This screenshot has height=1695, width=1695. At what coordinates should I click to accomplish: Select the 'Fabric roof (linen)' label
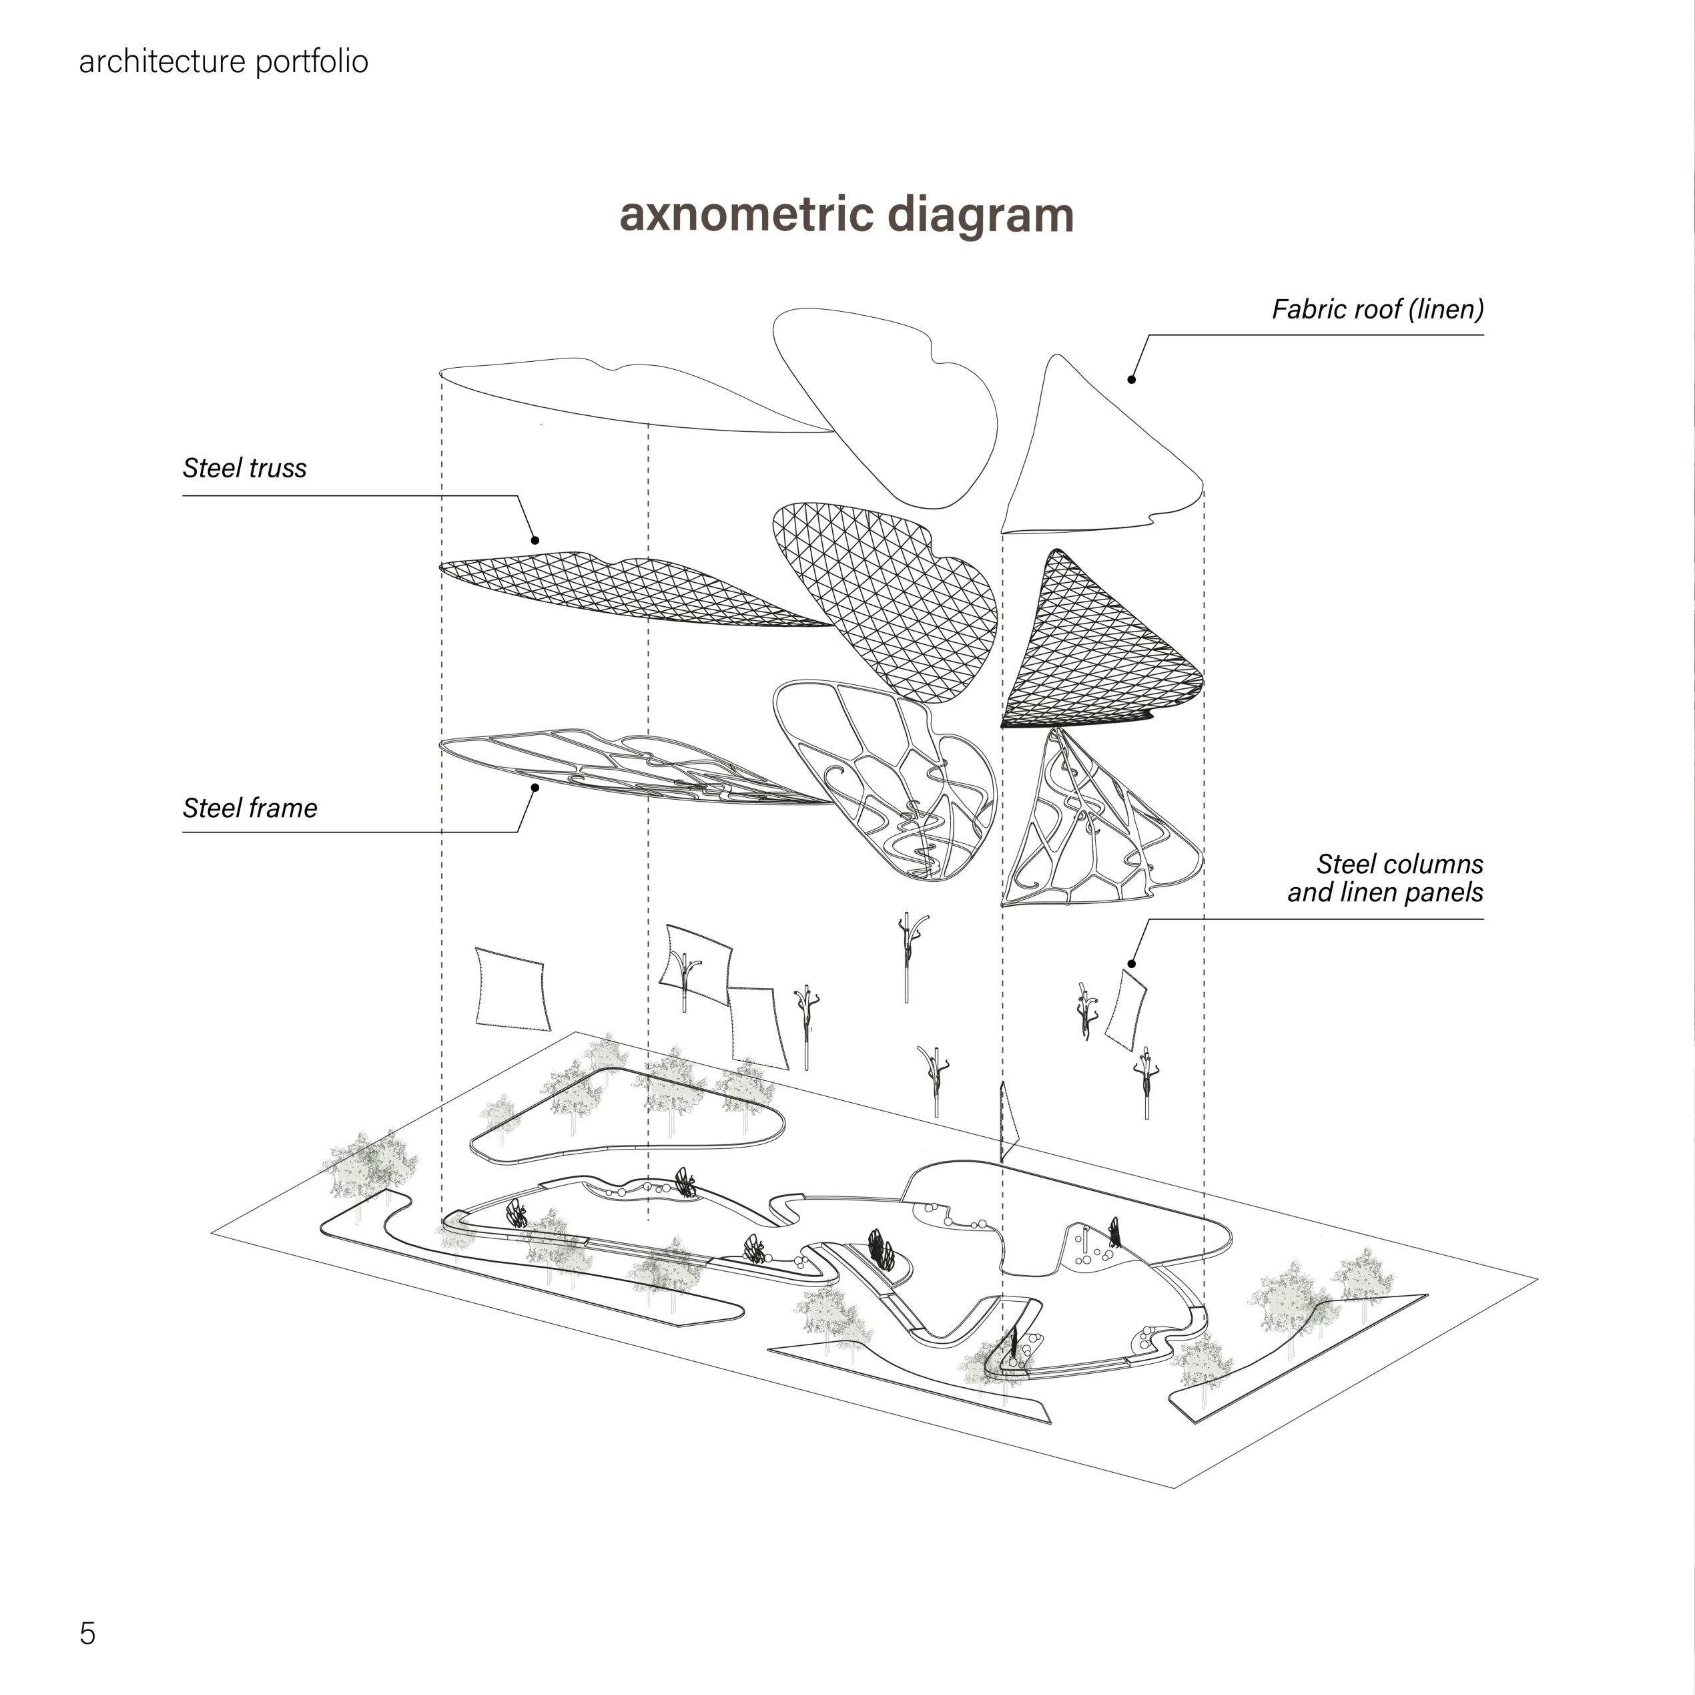click(1377, 309)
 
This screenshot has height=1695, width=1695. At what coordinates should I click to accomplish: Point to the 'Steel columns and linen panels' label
click(1385, 878)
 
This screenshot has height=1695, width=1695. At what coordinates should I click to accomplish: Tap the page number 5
click(87, 1633)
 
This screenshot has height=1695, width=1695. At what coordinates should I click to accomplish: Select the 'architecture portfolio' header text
click(223, 61)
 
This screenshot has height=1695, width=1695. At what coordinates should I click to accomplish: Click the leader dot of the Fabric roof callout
click(1132, 379)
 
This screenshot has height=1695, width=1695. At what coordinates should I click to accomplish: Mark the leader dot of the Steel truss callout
click(535, 541)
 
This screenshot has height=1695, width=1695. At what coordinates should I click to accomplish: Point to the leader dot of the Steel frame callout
click(535, 787)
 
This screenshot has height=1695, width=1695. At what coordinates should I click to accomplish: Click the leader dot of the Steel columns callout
click(1132, 965)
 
